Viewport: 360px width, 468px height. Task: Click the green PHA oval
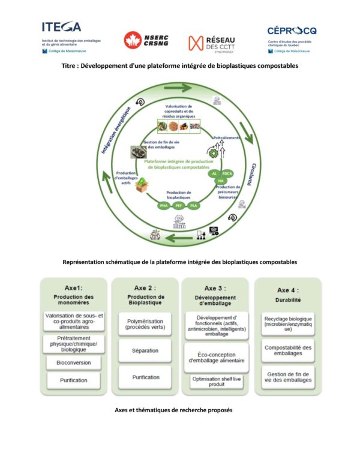coord(163,206)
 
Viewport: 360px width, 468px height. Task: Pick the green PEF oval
coord(179,206)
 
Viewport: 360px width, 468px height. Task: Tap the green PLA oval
coord(193,206)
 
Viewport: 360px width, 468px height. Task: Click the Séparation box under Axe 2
coord(145,349)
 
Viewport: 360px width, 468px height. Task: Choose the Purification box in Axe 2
coord(145,377)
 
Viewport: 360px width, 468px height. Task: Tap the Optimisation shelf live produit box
coord(217,382)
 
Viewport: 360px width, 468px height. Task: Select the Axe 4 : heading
coord(287,289)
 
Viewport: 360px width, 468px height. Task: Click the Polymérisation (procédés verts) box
coord(145,323)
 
